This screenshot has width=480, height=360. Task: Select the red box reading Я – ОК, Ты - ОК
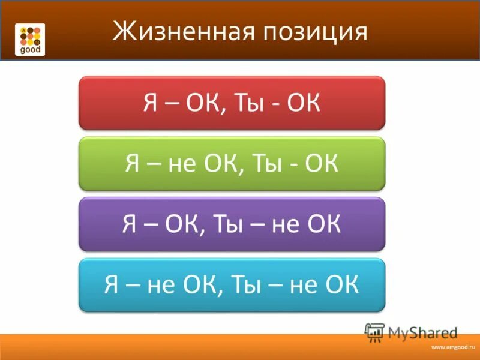232,103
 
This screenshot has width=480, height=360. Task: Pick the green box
232,163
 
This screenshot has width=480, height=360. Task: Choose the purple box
232,224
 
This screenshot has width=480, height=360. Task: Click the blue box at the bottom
232,285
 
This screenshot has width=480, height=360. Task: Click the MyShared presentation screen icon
374,331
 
